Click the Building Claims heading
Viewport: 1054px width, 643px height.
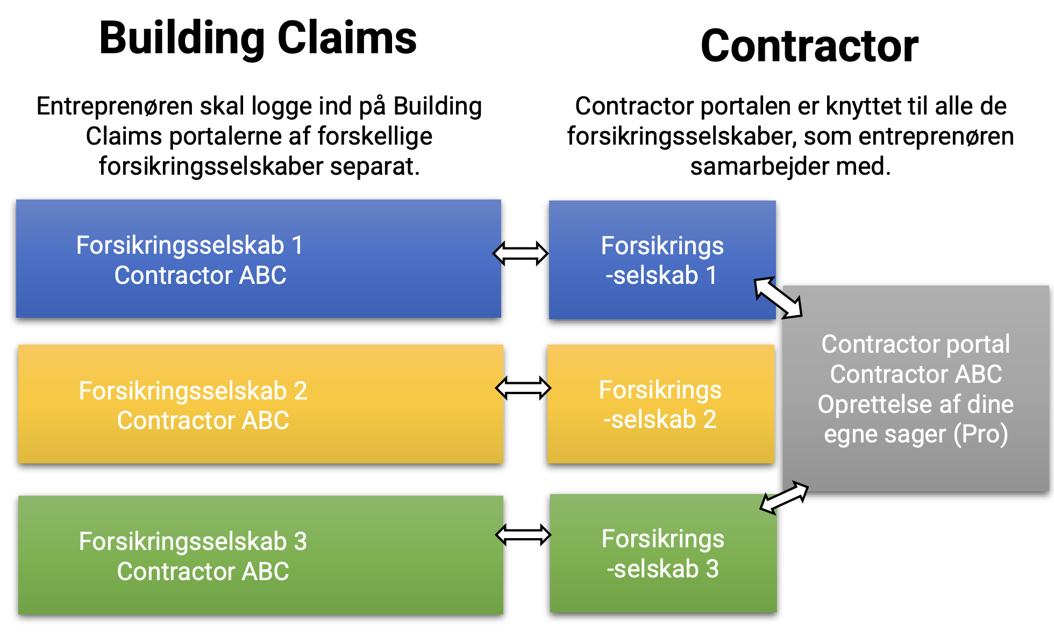click(258, 38)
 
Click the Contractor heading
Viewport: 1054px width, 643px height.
click(809, 46)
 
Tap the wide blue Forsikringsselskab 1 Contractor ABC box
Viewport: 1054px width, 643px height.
click(258, 259)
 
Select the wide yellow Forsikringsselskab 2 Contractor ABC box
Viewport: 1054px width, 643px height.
click(260, 404)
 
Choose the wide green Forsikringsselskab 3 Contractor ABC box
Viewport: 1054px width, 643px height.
click(260, 555)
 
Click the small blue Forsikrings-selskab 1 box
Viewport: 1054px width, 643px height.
click(661, 260)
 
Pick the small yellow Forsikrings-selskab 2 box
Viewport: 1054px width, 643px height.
click(660, 404)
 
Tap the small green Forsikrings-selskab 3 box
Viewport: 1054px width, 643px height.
click(663, 554)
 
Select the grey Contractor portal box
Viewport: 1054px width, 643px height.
click(915, 388)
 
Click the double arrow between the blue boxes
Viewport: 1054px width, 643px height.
click(521, 253)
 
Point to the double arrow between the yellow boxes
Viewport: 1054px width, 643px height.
click(523, 388)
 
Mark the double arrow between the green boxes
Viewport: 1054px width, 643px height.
click(523, 534)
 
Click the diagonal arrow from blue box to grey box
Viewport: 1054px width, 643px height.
click(778, 297)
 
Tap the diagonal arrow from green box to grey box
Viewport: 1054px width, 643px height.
click(784, 497)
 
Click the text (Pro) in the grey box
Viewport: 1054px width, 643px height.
click(980, 434)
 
